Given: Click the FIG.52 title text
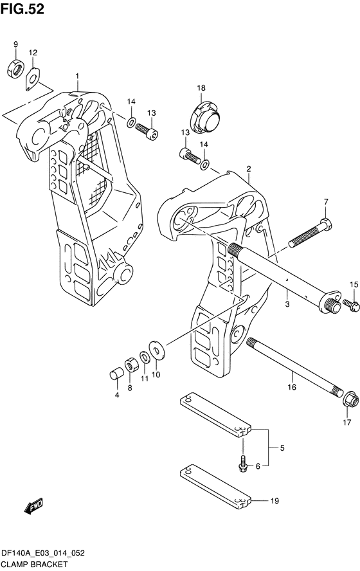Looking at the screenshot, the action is [x=22, y=9].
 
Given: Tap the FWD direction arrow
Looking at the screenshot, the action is [x=33, y=506].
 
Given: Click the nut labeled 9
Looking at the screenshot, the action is [x=15, y=68].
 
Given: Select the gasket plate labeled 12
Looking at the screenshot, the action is [x=32, y=78].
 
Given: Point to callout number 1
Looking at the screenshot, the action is [x=77, y=76].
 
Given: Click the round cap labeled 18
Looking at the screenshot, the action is [x=205, y=116].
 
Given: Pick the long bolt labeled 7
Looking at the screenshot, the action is [x=310, y=232].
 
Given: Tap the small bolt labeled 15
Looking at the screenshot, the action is [x=351, y=305].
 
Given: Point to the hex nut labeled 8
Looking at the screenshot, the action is [x=130, y=365].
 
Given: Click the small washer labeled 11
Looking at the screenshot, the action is [x=144, y=357].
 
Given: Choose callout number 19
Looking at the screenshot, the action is [x=274, y=501].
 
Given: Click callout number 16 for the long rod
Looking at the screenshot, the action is [x=292, y=387].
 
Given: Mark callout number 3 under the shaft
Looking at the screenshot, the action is [x=287, y=304].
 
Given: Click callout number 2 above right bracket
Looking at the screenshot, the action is [x=249, y=168].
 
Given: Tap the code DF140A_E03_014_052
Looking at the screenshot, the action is [x=43, y=553].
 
